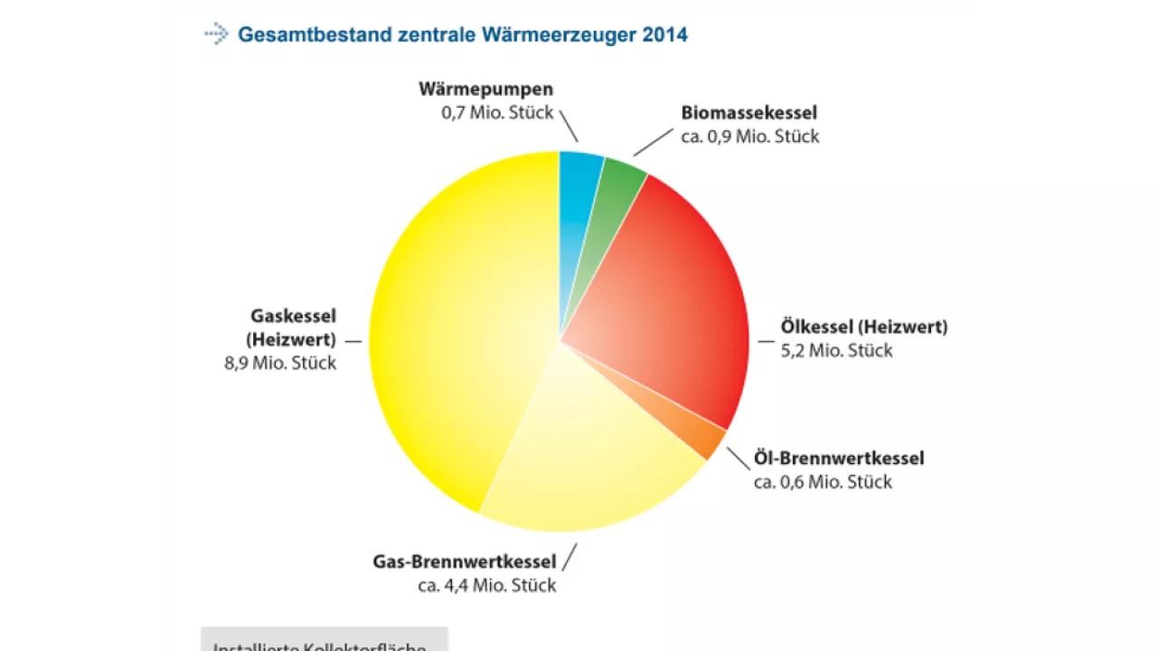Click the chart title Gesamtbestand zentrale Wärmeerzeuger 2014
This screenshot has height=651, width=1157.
[462, 35]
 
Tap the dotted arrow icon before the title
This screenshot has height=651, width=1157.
[216, 35]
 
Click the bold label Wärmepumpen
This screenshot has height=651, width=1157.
[485, 89]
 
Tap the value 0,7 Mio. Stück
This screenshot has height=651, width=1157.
[492, 113]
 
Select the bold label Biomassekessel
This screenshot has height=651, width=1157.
[748, 113]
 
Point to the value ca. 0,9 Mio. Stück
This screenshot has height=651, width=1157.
[749, 137]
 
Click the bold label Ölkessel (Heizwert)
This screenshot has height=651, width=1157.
[864, 326]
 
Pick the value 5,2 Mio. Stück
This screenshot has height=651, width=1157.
[836, 351]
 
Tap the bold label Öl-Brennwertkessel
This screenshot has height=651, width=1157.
[839, 458]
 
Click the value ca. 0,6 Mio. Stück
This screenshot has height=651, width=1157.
[823, 482]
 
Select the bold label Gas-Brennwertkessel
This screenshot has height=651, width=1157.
[465, 561]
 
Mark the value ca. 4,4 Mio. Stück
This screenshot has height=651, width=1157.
[486, 585]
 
